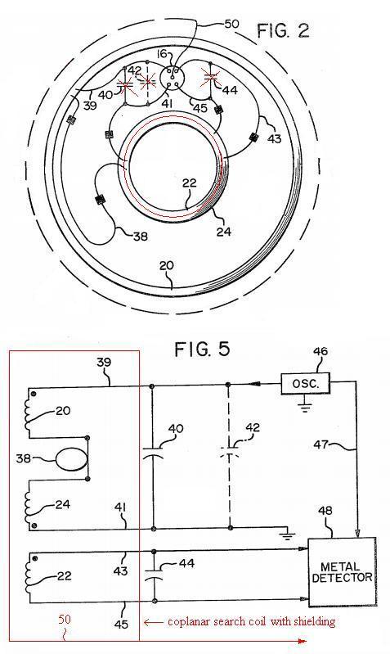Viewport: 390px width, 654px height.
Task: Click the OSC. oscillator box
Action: click(x=305, y=383)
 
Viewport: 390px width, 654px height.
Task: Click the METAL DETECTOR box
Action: click(x=342, y=572)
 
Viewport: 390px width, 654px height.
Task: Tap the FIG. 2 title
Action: click(x=283, y=31)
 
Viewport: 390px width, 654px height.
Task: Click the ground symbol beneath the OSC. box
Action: click(x=306, y=406)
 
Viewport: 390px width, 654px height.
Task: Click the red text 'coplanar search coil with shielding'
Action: click(x=251, y=622)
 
